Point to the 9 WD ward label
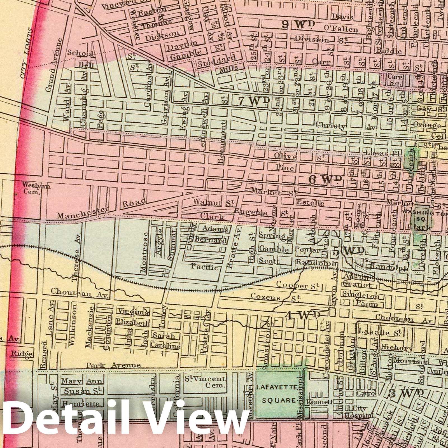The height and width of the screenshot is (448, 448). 298,25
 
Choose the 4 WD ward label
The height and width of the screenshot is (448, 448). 303,315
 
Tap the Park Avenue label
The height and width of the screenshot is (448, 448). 113,365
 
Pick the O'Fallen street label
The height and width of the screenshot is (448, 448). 341,29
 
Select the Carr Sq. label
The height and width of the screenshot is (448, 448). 395,80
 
